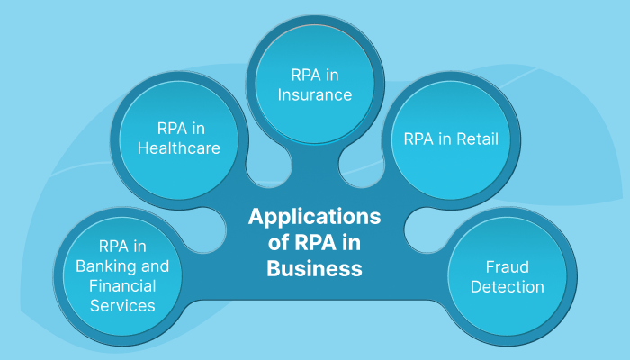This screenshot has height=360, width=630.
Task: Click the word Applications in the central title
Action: pyautogui.click(x=314, y=217)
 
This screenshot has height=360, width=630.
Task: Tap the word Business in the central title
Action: pyautogui.click(x=314, y=268)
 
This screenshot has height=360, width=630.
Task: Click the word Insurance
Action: pyautogui.click(x=314, y=94)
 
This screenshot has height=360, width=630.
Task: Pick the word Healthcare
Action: pyautogui.click(x=179, y=148)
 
